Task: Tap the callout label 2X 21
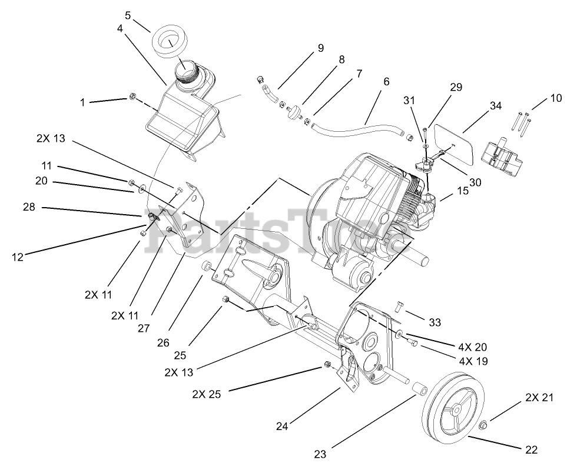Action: (539, 398)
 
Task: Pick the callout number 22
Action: (530, 450)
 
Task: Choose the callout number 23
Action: (319, 454)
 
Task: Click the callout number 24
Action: (283, 427)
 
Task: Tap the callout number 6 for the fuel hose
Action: (386, 82)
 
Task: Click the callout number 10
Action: (556, 98)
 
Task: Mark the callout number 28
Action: (29, 208)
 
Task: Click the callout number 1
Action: (82, 102)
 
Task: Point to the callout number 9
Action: (320, 48)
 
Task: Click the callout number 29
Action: (456, 87)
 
